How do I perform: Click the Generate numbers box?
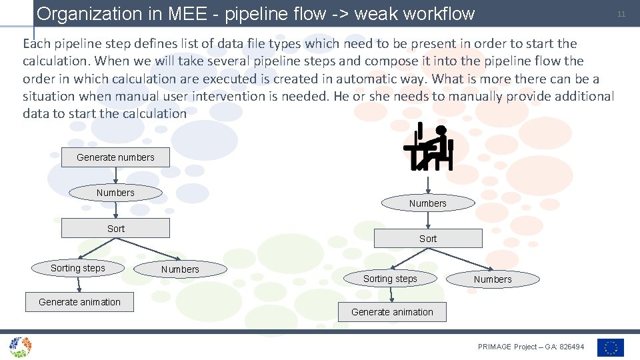click(x=115, y=157)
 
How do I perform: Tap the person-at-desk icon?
click(x=428, y=147)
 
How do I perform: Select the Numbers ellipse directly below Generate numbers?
click(x=115, y=193)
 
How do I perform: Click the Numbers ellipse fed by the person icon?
click(x=427, y=203)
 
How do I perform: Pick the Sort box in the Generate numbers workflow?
click(x=115, y=228)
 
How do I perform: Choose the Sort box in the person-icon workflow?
click(x=428, y=238)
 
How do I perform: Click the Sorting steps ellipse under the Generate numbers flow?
click(x=78, y=268)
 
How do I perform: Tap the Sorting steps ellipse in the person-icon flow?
click(x=390, y=279)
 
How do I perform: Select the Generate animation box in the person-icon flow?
click(x=392, y=312)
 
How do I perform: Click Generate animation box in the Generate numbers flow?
click(x=79, y=302)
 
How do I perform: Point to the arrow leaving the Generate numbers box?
click(x=116, y=175)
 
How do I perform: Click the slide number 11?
click(x=621, y=14)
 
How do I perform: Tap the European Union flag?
click(x=610, y=347)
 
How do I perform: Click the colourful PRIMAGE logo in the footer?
click(x=20, y=347)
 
